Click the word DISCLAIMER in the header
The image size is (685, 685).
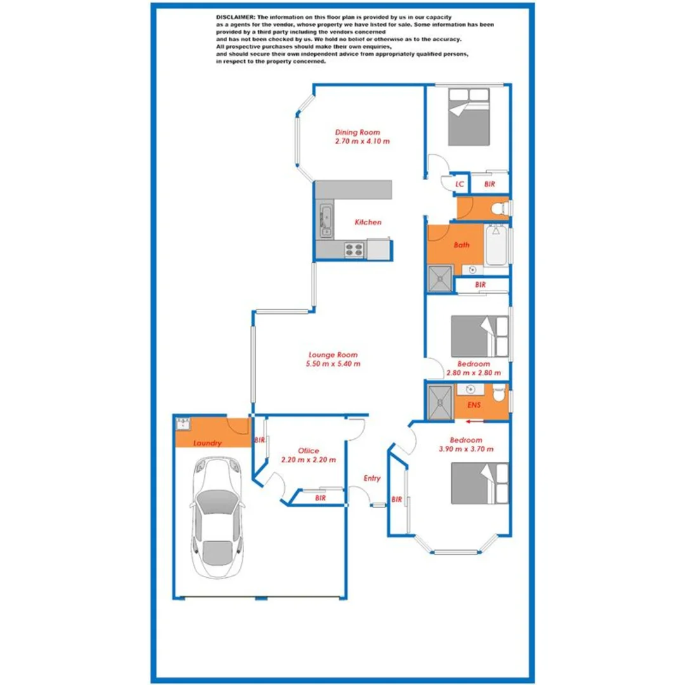point(235,16)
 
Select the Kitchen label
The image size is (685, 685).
point(368,223)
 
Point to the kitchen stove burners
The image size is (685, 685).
point(353,251)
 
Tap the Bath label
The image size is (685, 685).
point(462,245)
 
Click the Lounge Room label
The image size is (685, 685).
point(333,355)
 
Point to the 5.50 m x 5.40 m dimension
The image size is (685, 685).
point(333,364)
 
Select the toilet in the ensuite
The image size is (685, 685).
point(500,395)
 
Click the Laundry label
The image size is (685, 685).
point(207,443)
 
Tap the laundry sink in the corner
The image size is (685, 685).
point(183,423)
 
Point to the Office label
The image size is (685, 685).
point(308,450)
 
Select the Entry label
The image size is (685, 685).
point(372,478)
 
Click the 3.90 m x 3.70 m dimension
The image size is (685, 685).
point(466,448)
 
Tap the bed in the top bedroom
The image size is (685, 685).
point(469,117)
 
